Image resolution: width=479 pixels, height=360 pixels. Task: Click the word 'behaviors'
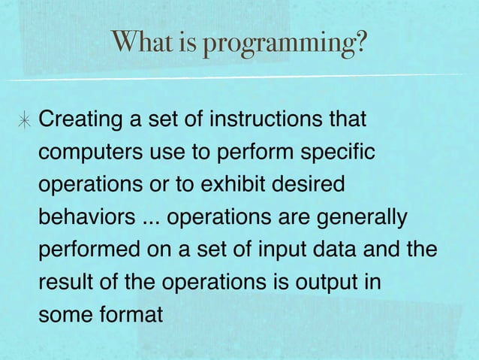point(85,218)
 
